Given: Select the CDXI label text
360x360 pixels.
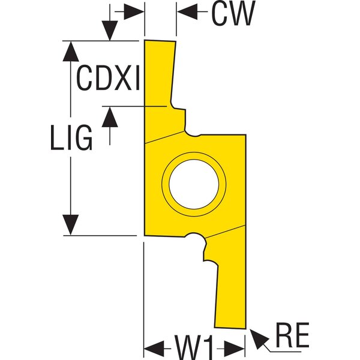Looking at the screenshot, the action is click(x=108, y=77).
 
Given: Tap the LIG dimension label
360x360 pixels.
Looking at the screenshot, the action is click(x=71, y=138).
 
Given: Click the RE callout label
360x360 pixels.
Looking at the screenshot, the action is click(x=292, y=335).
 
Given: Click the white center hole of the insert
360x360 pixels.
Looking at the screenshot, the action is click(x=194, y=184).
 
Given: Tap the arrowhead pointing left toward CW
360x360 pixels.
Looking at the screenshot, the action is click(x=187, y=11).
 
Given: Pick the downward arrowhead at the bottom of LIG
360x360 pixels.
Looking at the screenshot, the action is click(x=71, y=225).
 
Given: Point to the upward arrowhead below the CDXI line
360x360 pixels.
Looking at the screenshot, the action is click(x=110, y=117).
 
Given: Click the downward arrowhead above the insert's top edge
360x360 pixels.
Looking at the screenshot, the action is click(x=110, y=31).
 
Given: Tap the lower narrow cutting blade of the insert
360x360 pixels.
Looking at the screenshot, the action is click(x=231, y=296).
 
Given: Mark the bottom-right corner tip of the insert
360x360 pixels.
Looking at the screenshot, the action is click(x=245, y=329).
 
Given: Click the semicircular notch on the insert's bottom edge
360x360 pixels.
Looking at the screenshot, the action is click(x=195, y=238).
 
